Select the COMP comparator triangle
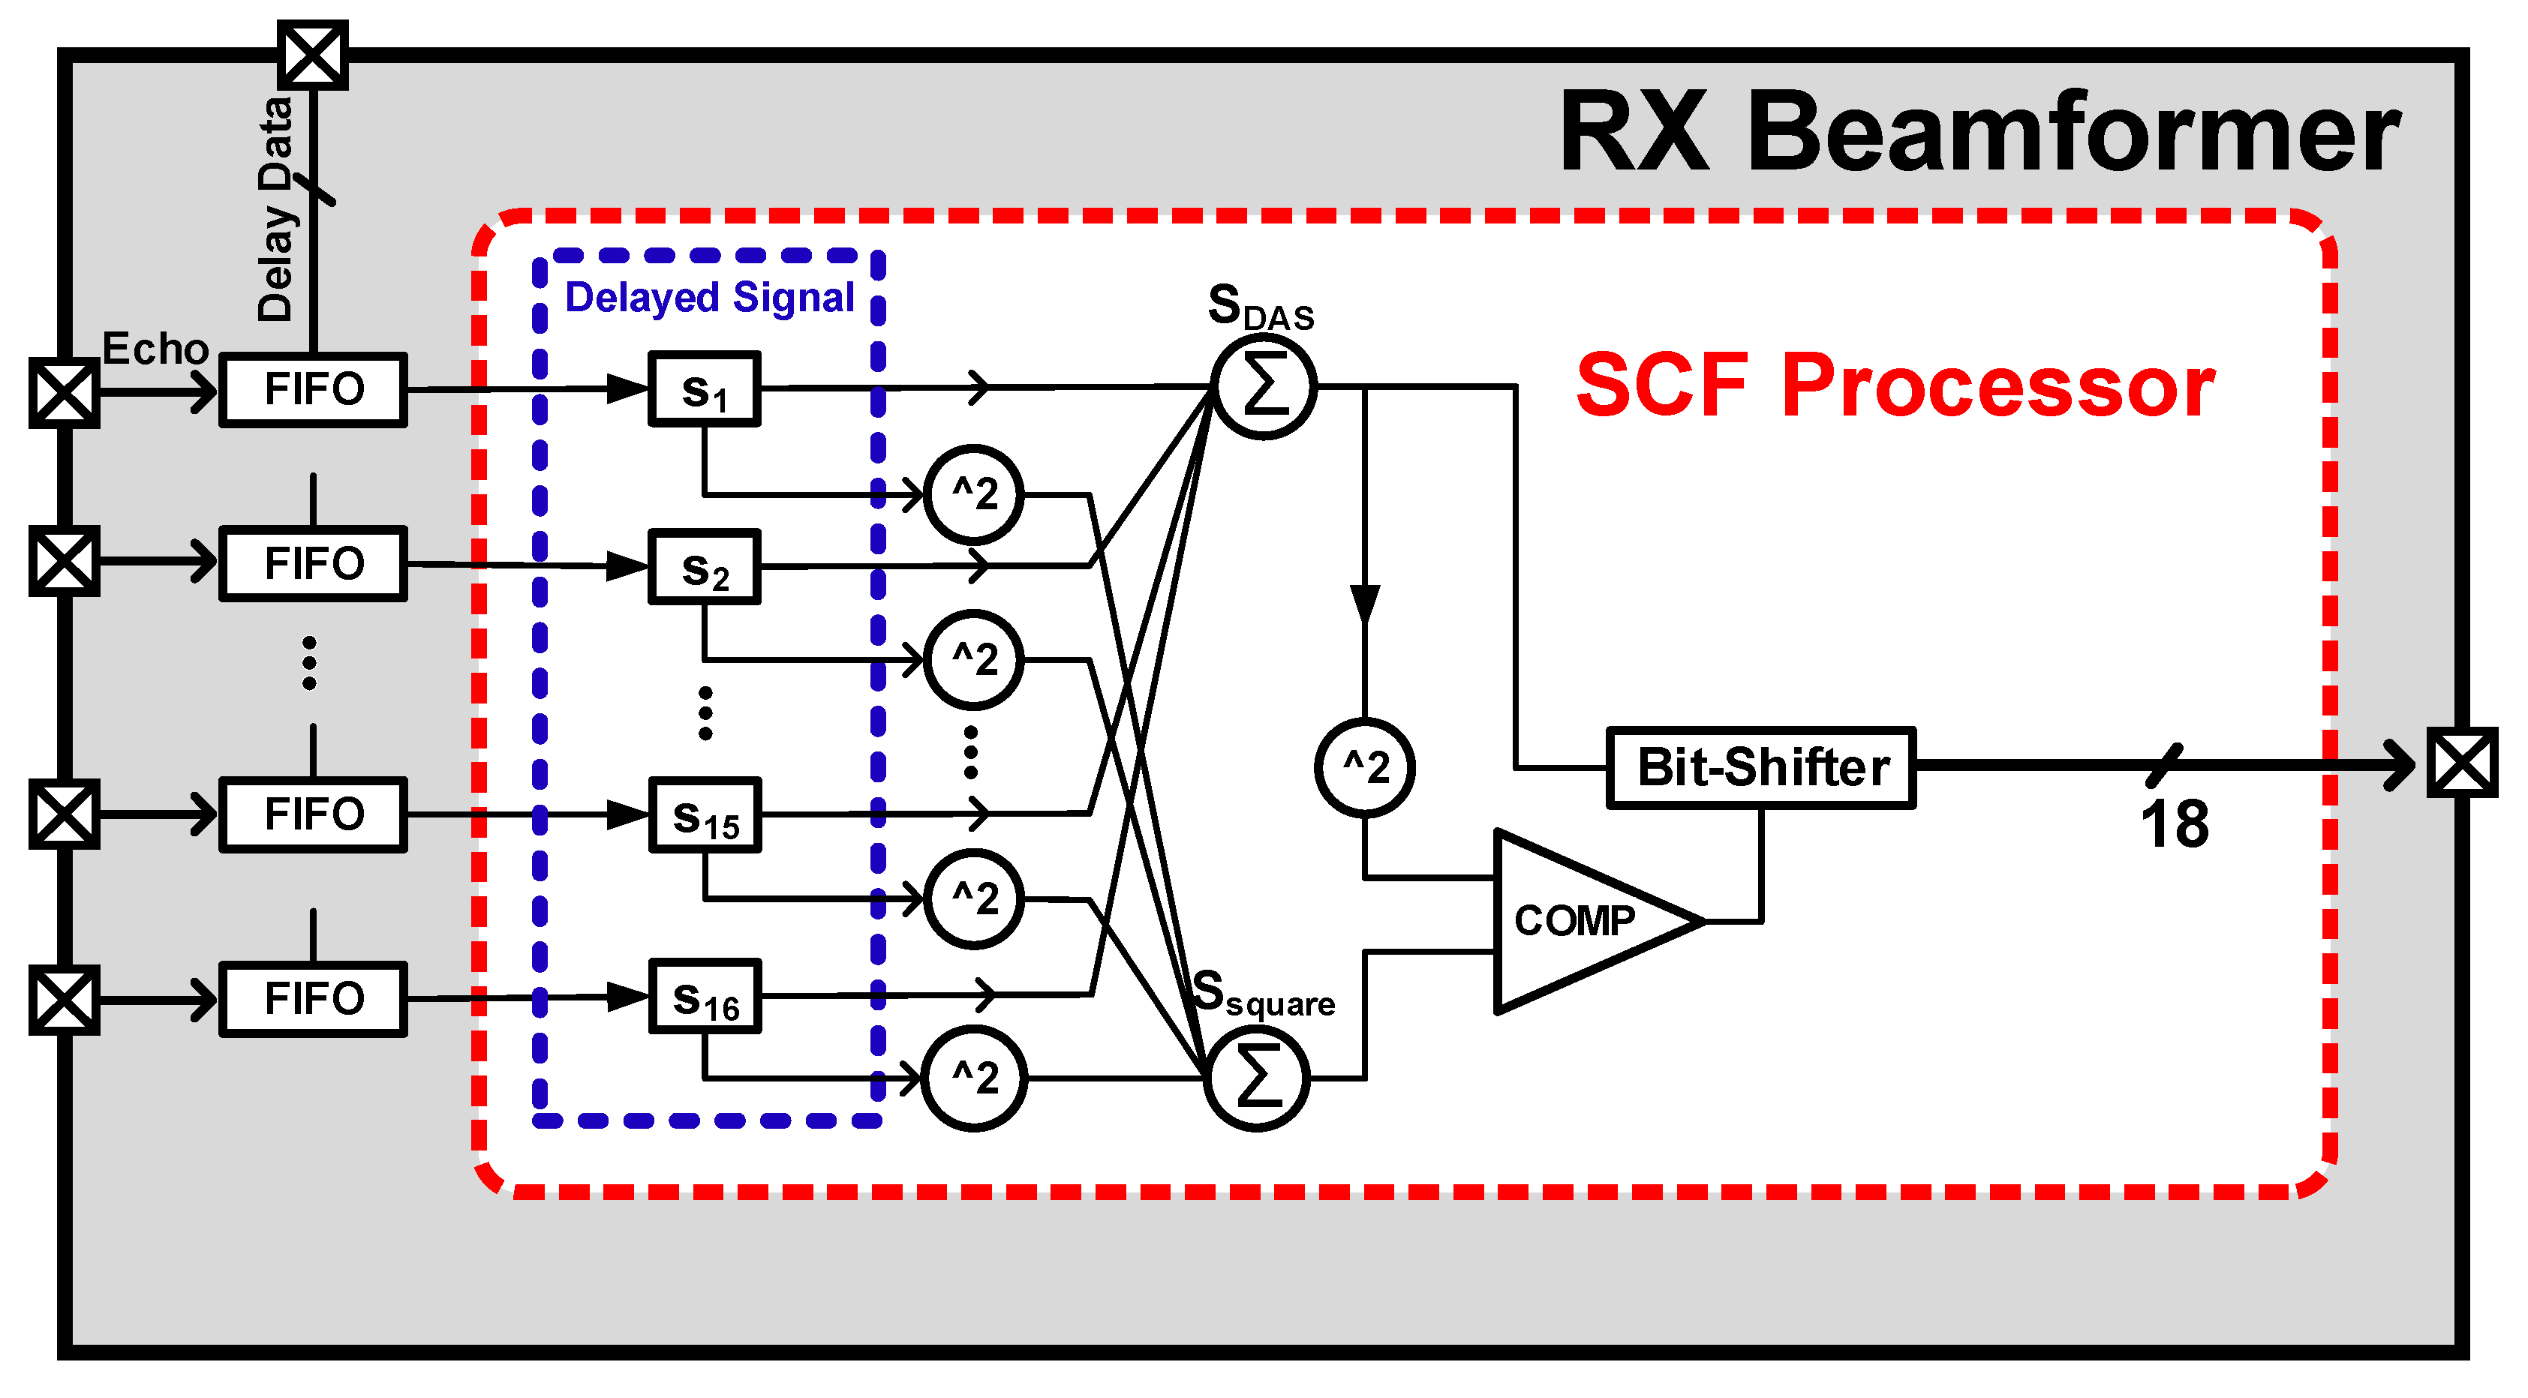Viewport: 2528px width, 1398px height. pos(1580,921)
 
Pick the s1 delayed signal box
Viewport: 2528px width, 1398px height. pos(705,389)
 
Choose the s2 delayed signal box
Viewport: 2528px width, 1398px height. pos(705,567)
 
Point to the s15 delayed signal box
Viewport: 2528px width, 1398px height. pos(705,815)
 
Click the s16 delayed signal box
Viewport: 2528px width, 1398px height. pos(705,997)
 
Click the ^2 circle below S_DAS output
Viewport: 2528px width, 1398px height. pos(1365,767)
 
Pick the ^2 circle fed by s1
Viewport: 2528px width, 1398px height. pos(975,494)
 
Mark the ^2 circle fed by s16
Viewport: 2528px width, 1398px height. pos(975,1078)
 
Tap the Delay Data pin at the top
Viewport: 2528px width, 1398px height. pos(313,55)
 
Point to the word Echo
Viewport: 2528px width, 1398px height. pos(155,348)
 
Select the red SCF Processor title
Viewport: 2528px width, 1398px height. pos(1895,385)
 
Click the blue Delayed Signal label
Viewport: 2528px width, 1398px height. pos(710,297)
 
